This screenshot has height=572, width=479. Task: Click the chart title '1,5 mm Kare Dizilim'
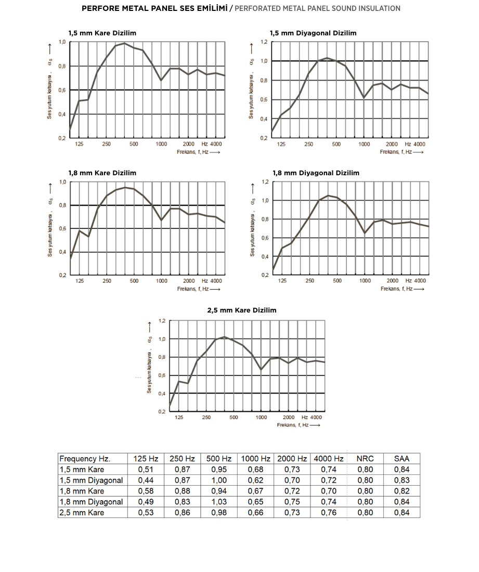[x=102, y=33]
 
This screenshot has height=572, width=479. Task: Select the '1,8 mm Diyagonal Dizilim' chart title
[x=316, y=173]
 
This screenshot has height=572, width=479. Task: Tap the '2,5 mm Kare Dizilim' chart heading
[x=242, y=310]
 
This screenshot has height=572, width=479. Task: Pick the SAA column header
[x=402, y=459]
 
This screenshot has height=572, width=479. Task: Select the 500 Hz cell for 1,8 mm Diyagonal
[x=218, y=502]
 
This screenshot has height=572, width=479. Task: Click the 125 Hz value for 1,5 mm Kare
[x=146, y=470]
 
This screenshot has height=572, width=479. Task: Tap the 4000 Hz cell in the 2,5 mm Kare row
[x=328, y=513]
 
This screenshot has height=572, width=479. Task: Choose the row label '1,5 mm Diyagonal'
[x=91, y=480]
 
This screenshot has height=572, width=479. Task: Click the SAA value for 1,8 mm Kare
[x=402, y=491]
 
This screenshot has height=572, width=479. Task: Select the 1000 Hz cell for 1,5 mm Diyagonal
[x=255, y=480]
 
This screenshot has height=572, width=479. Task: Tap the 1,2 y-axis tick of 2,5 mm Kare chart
[x=162, y=321]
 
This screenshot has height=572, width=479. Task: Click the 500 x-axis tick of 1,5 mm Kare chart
[x=134, y=144]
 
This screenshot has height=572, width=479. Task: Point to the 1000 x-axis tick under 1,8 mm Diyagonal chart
[x=365, y=281]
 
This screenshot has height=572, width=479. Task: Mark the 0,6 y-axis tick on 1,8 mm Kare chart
[x=63, y=229]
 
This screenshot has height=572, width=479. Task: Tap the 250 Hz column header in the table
[x=182, y=459]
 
